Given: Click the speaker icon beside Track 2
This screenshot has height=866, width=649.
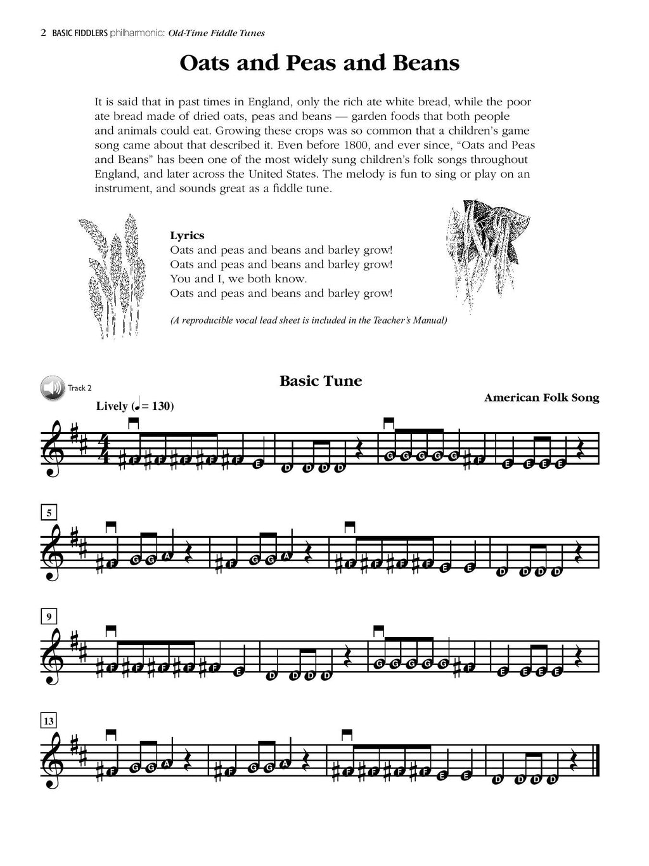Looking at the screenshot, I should [x=53, y=388].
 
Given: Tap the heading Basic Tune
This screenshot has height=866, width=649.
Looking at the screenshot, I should [x=321, y=381].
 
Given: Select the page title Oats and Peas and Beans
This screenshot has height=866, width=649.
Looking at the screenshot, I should [x=319, y=63].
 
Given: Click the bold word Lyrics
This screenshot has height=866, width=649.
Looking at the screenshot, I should [x=187, y=235].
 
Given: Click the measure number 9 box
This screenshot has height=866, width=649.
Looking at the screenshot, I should [x=49, y=615].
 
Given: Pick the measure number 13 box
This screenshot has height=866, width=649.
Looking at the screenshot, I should [x=49, y=720].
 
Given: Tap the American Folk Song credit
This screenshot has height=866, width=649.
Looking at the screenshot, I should [x=541, y=398].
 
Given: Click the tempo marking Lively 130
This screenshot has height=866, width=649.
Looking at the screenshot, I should [x=135, y=406].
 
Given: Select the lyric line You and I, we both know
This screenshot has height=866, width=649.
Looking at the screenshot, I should [x=238, y=279].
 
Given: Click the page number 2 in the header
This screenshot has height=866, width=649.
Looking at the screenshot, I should [x=43, y=33].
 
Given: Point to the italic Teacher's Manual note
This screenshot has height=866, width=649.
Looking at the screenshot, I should [x=309, y=320].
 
